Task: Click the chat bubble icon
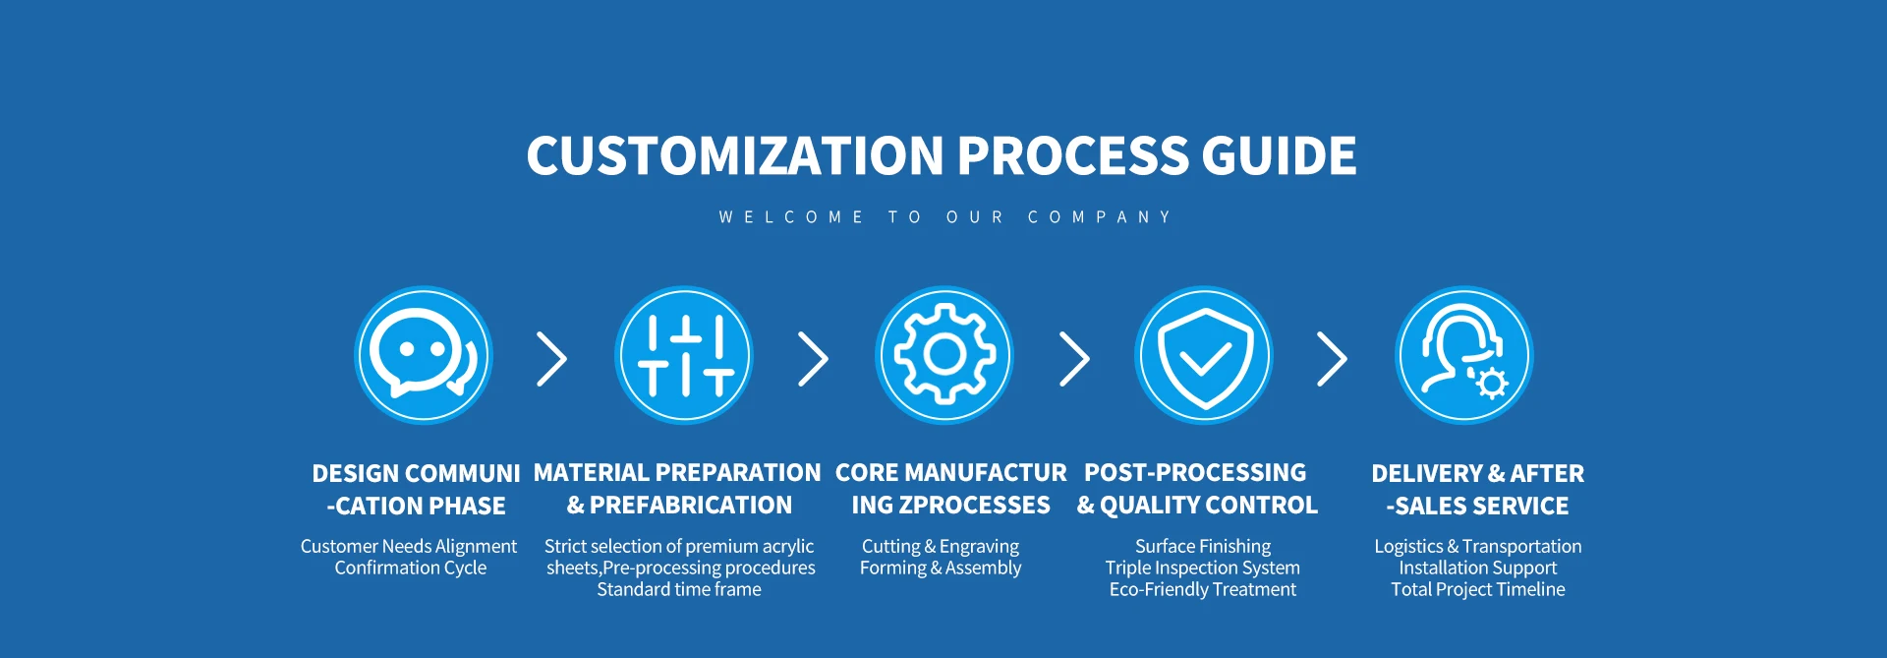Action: pos(423,355)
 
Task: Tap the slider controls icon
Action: pos(684,355)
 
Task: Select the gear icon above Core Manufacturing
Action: pos(944,355)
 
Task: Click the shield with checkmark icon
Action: pos(1204,355)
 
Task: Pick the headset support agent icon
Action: pos(1464,355)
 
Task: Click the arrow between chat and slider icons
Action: pos(553,359)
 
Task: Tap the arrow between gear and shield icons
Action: pos(1075,359)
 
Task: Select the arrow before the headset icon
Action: pos(1333,359)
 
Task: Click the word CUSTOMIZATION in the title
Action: pos(735,155)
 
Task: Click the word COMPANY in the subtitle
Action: pos(1100,216)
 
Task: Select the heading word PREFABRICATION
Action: pos(691,505)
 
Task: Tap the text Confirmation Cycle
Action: pos(410,568)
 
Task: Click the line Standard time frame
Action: pos(679,589)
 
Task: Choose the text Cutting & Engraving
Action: pos(941,546)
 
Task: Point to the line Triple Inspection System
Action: pos(1203,568)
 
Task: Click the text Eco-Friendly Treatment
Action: pos(1203,589)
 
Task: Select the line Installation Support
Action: pos(1478,568)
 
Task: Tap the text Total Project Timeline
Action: pos(1478,589)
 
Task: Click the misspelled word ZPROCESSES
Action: pos(975,505)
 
